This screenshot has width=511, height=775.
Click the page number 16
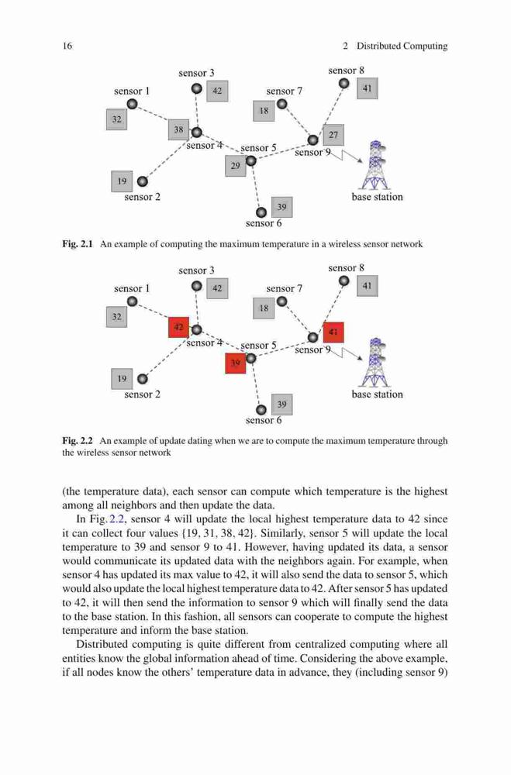[67, 46]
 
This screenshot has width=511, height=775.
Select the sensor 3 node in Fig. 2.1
[197, 89]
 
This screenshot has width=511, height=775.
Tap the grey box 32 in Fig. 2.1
[117, 119]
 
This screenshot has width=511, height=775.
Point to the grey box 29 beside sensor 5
[236, 166]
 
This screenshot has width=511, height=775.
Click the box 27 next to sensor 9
[333, 135]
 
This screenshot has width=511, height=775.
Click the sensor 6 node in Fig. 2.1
[261, 212]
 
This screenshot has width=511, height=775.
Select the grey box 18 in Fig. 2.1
[264, 111]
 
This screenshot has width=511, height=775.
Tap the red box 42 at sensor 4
[178, 327]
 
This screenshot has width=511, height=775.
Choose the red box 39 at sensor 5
[236, 363]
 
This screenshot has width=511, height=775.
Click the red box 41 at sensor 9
[333, 332]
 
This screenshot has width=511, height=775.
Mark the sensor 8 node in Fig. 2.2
[344, 281]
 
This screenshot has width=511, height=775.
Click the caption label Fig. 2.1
[78, 244]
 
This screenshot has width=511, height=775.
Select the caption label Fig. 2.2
[78, 441]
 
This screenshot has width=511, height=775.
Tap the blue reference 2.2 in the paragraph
[109, 519]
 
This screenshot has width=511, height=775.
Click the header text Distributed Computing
[402, 46]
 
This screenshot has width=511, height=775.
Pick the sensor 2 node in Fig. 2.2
[143, 379]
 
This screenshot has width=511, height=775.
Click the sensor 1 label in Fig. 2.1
[132, 91]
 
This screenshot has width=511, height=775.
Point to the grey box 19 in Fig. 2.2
[122, 379]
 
